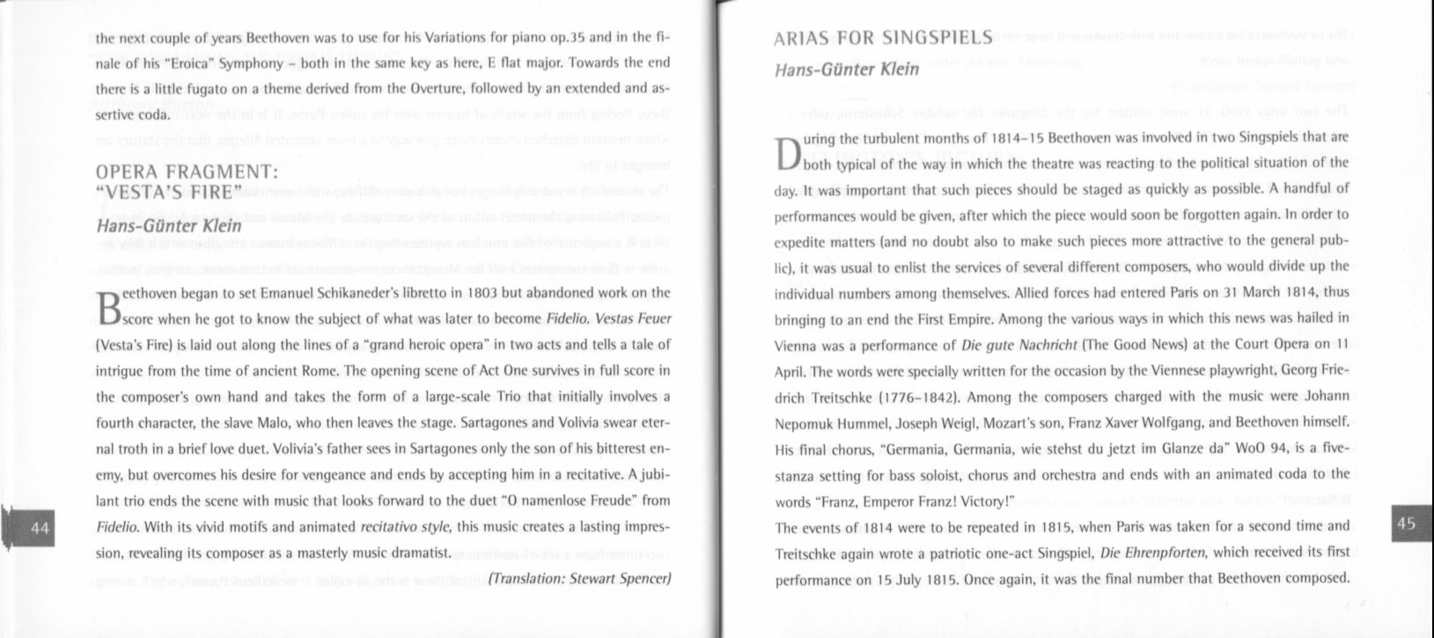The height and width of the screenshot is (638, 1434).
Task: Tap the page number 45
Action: [x=1406, y=524]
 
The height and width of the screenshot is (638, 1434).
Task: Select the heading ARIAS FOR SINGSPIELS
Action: [x=882, y=39]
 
